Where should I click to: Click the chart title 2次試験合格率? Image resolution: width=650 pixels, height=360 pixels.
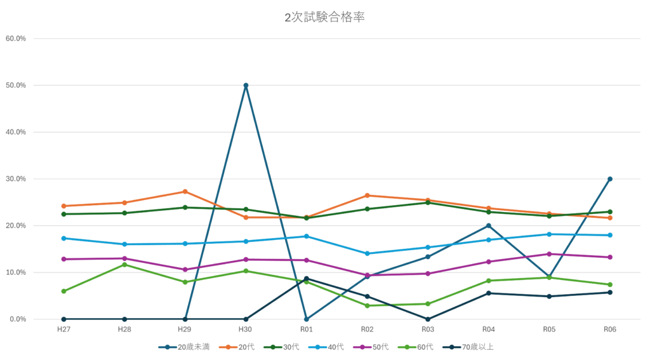[324, 18]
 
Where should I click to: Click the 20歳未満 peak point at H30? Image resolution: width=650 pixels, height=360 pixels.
[246, 85]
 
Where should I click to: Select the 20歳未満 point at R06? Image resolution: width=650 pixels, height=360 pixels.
[609, 179]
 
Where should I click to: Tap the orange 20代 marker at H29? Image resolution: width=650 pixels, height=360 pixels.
[185, 191]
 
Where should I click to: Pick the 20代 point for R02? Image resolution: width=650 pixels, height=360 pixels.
[367, 196]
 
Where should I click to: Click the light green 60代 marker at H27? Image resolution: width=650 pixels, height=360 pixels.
[63, 291]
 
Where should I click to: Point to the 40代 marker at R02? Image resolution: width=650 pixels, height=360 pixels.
[367, 253]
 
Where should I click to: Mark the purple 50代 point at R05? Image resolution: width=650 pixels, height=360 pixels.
[549, 254]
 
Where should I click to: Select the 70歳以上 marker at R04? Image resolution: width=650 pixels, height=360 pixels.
[488, 293]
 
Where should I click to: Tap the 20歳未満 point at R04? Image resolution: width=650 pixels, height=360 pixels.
[488, 225]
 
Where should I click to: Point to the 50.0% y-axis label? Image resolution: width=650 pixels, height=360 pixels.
[15, 85]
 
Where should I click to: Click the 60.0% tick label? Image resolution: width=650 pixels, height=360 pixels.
[15, 38]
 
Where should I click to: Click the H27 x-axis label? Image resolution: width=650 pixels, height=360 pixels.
[63, 330]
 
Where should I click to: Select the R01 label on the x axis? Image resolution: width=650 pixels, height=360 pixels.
[306, 330]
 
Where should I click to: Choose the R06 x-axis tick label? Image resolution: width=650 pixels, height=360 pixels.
[609, 330]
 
